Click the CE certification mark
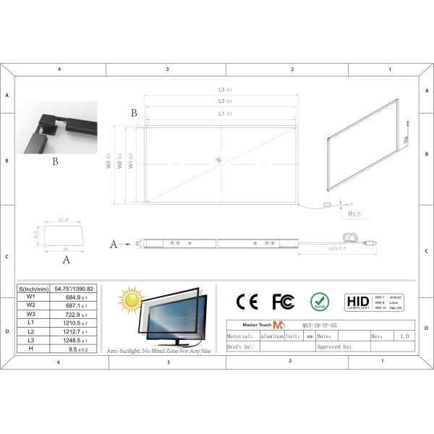point(247,301)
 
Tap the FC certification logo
point(283,301)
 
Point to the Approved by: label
point(333,347)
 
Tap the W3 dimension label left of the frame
point(109,165)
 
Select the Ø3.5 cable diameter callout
point(355,214)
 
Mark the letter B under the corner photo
point(55,162)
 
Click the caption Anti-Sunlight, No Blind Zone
point(159,351)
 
